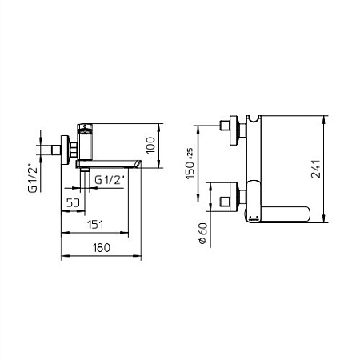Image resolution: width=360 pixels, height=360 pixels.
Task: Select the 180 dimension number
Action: tap(102, 248)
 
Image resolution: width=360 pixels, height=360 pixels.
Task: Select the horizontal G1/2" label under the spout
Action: tap(109, 180)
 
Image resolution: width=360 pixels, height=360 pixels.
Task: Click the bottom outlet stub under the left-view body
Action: tap(82, 174)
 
